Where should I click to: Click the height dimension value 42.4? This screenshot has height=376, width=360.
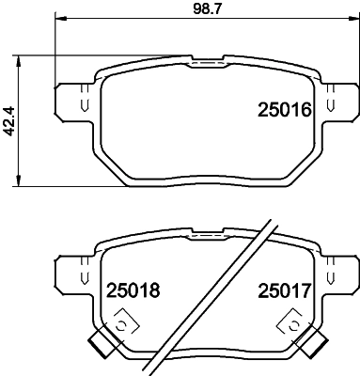[x=10, y=120]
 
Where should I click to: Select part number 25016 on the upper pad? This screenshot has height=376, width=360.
[x=284, y=111]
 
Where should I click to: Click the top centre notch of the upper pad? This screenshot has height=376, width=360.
[x=206, y=64]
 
